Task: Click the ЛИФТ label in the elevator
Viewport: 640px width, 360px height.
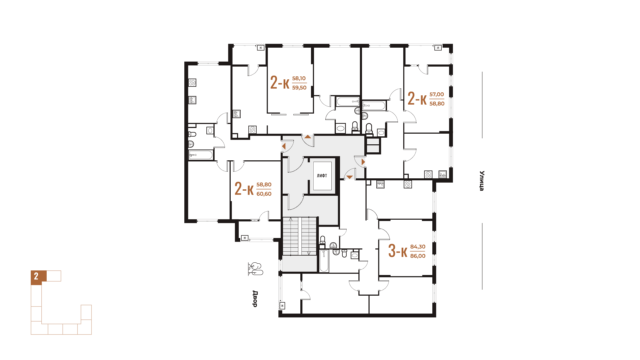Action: pos(322,176)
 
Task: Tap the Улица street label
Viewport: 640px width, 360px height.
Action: pos(482,181)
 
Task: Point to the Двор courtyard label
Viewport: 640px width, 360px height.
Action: pos(255,299)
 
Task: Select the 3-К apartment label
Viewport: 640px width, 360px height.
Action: pos(398,251)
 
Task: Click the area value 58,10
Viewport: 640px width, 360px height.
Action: pos(299,78)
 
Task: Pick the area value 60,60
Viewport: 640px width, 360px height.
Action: pos(264,194)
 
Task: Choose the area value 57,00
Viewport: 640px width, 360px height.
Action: pos(437,94)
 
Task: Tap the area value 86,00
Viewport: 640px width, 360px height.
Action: pos(418,256)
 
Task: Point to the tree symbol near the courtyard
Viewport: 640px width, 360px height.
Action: pos(255,269)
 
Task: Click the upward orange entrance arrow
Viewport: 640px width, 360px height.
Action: pos(308,137)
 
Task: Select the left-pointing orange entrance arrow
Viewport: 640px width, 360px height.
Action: pos(284,146)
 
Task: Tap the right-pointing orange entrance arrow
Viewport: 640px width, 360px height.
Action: pos(363,162)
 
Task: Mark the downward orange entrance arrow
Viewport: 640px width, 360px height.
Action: pos(349,177)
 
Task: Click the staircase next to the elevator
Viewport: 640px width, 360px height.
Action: pos(299,236)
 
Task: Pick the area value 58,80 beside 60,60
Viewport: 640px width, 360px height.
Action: pos(264,184)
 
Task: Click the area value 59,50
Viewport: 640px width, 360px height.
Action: pos(299,88)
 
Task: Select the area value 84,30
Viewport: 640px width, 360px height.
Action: pos(418,247)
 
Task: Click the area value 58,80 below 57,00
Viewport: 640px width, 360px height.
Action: pos(437,104)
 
